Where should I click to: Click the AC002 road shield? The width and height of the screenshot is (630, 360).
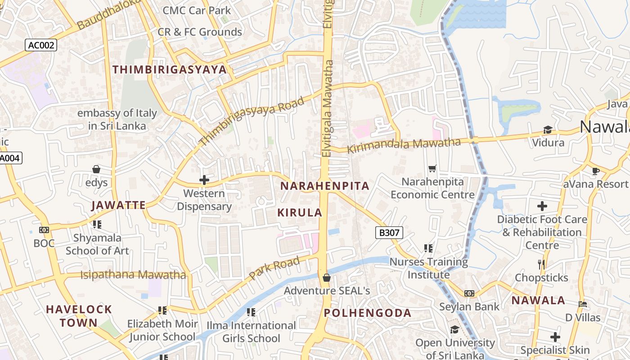(40, 45)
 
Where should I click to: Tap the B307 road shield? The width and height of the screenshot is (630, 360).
(389, 233)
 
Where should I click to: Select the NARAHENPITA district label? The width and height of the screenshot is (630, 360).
(324, 186)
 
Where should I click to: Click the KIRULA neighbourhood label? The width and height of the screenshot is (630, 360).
(300, 213)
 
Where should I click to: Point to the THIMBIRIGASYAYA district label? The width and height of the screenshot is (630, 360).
(169, 70)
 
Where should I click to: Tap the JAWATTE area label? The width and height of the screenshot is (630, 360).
(118, 206)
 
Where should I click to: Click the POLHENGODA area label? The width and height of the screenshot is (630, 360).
(367, 313)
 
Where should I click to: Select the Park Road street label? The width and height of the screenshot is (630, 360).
(274, 268)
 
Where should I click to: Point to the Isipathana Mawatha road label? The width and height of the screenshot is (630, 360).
(133, 274)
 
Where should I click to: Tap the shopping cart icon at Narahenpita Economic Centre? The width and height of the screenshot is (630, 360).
(432, 169)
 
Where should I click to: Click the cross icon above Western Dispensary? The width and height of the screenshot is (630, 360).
(204, 180)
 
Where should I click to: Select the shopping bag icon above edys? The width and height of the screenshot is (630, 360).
(96, 169)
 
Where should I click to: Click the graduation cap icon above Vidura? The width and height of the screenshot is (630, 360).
(548, 130)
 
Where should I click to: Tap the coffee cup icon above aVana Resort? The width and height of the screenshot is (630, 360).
(596, 171)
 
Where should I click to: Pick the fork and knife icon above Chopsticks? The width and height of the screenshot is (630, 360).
(541, 265)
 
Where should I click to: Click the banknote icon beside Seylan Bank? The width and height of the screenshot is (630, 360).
(469, 293)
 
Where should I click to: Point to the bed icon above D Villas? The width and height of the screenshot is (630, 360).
(583, 304)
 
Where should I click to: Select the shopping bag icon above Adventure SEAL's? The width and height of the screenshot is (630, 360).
(327, 278)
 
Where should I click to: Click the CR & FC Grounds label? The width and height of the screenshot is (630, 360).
(199, 32)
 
